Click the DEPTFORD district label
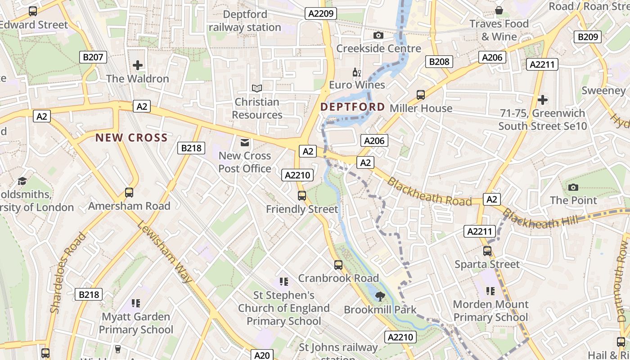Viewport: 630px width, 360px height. coord(352,107)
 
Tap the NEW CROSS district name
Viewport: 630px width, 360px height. coord(131,138)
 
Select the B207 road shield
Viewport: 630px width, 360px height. coord(93,57)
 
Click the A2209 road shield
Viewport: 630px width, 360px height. coord(321,13)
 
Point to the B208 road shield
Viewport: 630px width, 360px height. coord(439,62)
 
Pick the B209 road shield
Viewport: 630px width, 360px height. coord(588,37)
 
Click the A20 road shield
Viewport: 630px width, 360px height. coord(261,355)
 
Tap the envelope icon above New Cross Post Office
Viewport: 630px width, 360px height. coord(245,143)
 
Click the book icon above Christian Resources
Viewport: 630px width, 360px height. coord(257,89)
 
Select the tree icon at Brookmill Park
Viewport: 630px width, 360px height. coord(380,296)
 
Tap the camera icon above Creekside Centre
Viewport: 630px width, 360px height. coord(378,35)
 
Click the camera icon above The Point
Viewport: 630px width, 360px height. coord(573,187)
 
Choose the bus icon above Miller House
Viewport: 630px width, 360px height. coord(421,94)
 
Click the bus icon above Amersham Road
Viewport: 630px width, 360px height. coord(129,193)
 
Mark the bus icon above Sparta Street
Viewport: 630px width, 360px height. coord(487,251)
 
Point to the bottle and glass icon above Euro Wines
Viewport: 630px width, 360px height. coord(356,72)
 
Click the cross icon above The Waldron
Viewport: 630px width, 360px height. coord(138,65)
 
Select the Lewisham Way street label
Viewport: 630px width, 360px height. coord(165,252)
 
